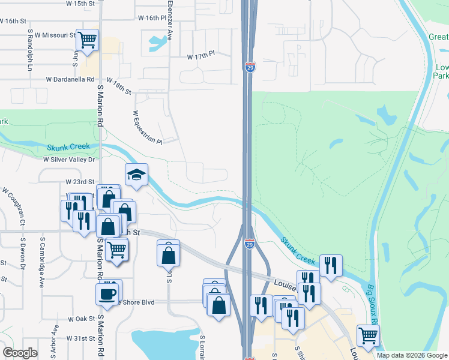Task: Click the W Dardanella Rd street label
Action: (x=71, y=79)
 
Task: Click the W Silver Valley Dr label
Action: (x=69, y=160)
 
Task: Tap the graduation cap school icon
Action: (x=136, y=175)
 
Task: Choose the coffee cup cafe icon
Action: (x=107, y=294)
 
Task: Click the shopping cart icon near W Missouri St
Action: (x=87, y=40)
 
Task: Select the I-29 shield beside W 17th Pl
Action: (x=250, y=67)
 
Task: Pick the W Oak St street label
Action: (x=79, y=319)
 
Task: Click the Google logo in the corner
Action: (x=20, y=353)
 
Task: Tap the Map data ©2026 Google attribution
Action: (x=412, y=355)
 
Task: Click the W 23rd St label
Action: (x=80, y=181)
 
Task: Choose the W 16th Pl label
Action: (x=151, y=18)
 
